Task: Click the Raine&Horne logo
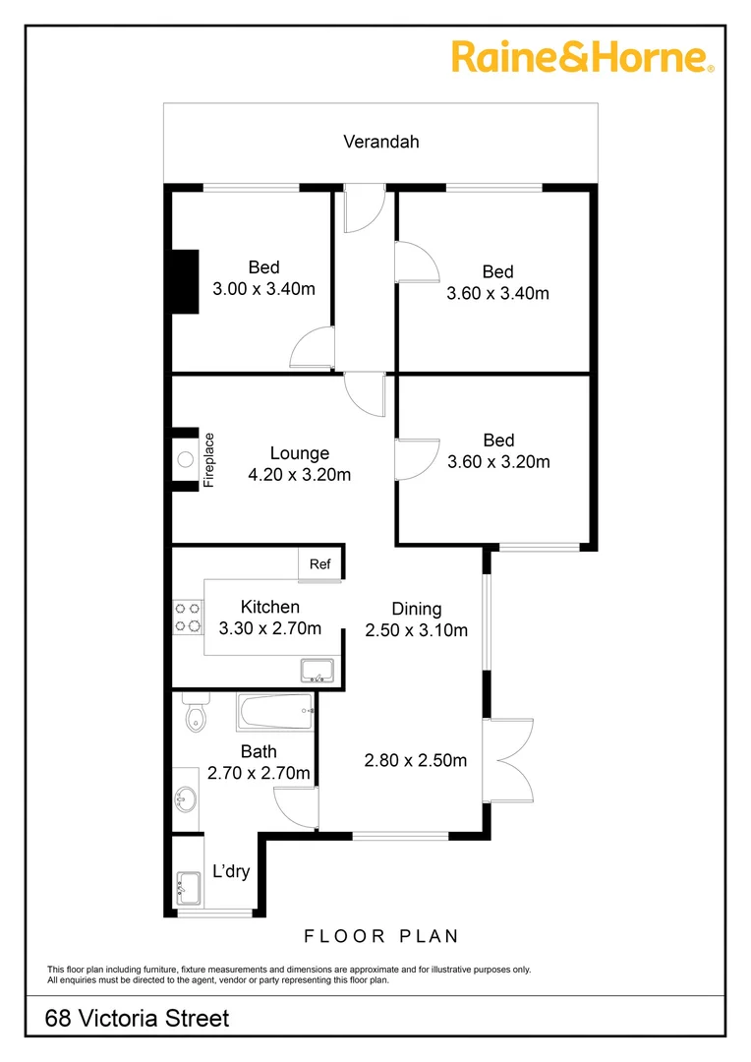(583, 56)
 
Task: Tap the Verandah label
(380, 142)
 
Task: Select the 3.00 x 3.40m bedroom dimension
(263, 289)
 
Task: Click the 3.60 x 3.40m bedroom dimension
(497, 293)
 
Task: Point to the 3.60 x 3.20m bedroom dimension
(498, 462)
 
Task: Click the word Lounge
(300, 453)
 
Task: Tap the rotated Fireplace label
(208, 459)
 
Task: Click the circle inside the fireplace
(185, 457)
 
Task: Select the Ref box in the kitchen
(319, 564)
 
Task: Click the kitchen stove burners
(188, 617)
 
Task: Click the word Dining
(417, 609)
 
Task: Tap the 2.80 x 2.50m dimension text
(415, 760)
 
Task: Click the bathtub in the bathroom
(274, 712)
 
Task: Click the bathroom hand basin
(184, 798)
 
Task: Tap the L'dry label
(231, 871)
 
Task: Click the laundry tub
(188, 889)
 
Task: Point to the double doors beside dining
(509, 759)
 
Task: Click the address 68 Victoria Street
(138, 1018)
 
